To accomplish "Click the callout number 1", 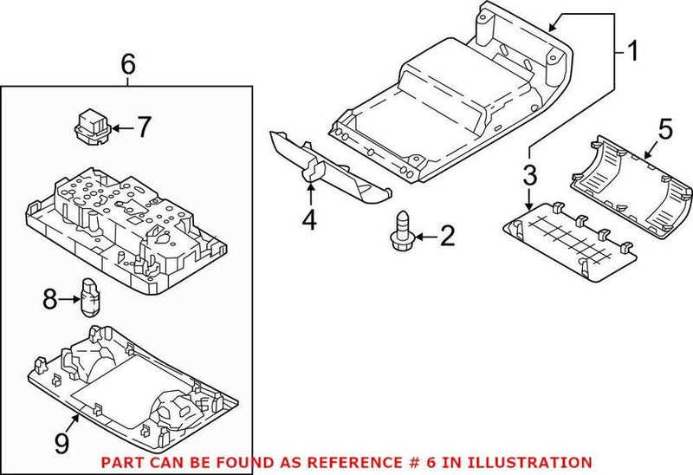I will tap(632, 51).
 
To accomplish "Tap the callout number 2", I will tap(446, 235).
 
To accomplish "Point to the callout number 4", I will tap(309, 222).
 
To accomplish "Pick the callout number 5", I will tap(664, 129).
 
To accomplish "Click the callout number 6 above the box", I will tap(127, 63).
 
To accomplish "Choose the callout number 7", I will tap(143, 127).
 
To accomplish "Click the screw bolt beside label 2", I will tap(402, 231).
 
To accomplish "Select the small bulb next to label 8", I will tap(88, 295).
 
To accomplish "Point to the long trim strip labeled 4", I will tap(325, 166).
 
